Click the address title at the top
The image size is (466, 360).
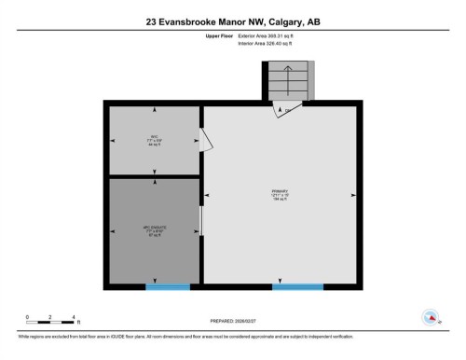point(232,21)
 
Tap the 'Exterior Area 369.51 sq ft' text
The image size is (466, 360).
point(271,35)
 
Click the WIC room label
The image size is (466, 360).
point(154,140)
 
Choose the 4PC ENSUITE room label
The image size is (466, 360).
point(154,229)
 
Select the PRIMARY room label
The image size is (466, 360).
point(280,195)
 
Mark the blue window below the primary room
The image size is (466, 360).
point(298,285)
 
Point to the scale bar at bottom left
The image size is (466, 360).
point(51,319)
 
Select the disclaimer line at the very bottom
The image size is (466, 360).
point(233,337)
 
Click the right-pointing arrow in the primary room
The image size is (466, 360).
point(353,195)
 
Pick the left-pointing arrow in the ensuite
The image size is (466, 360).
point(115,229)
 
